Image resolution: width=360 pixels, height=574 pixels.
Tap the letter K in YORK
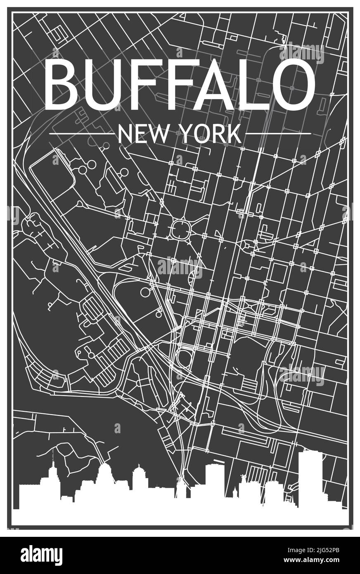pyautogui.click(x=234, y=134)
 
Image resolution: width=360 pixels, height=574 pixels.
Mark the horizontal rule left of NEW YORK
pyautogui.click(x=81, y=134)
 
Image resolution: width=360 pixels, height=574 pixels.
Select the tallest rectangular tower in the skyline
pyautogui.click(x=310, y=475)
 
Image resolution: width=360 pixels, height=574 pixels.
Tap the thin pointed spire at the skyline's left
pyautogui.click(x=53, y=458)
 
